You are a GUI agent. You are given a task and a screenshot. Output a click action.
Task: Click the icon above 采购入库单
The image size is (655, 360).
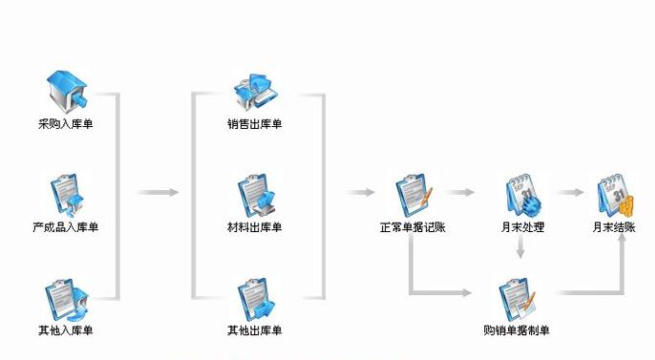(67, 90)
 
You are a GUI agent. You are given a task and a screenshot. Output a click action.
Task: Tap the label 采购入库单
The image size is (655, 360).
(66, 123)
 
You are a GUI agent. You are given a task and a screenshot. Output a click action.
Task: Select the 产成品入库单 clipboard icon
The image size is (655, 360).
(66, 194)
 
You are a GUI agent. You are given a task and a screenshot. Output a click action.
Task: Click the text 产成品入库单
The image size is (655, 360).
(66, 227)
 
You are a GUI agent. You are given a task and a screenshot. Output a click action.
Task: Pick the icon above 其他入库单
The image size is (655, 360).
(66, 298)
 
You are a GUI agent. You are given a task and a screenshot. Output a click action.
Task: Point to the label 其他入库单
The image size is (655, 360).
(66, 330)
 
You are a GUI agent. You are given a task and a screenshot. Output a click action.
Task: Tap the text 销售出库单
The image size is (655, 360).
(255, 123)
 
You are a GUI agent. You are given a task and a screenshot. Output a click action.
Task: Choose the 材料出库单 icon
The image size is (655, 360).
(255, 194)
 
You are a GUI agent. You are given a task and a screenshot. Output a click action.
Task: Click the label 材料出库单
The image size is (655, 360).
(255, 227)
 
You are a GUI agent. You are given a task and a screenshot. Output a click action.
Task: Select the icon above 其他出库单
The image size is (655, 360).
(255, 298)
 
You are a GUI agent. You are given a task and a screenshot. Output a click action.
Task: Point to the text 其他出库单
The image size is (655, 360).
(255, 330)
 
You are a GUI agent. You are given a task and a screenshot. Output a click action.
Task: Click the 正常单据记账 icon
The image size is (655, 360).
(413, 194)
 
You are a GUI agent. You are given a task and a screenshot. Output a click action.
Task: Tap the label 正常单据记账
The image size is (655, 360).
(412, 227)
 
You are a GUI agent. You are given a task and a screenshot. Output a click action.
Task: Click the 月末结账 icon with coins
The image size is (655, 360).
(614, 194)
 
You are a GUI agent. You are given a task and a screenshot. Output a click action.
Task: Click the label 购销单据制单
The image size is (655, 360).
(517, 330)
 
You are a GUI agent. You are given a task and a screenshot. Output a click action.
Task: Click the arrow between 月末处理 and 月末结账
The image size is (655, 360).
(570, 193)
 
